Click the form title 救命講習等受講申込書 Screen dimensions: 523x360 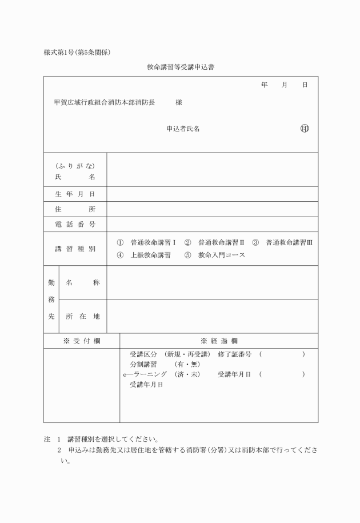pyautogui.click(x=180, y=67)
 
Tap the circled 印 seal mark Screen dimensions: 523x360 pyautogui.click(x=304, y=129)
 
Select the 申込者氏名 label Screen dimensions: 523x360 pyautogui.click(x=183, y=129)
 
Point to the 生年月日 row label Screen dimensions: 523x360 pyautogui.click(x=75, y=194)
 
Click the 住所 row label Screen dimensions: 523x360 pyautogui.click(x=75, y=209)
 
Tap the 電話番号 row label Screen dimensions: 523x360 pyautogui.click(x=75, y=224)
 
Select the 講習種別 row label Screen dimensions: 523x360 pyautogui.click(x=75, y=249)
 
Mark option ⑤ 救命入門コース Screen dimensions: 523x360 pyautogui.click(x=215, y=255)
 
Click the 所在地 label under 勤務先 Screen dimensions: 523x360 pyautogui.click(x=83, y=316)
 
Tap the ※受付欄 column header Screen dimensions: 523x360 pyautogui.click(x=82, y=341)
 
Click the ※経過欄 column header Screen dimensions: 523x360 pyautogui.click(x=219, y=341)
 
